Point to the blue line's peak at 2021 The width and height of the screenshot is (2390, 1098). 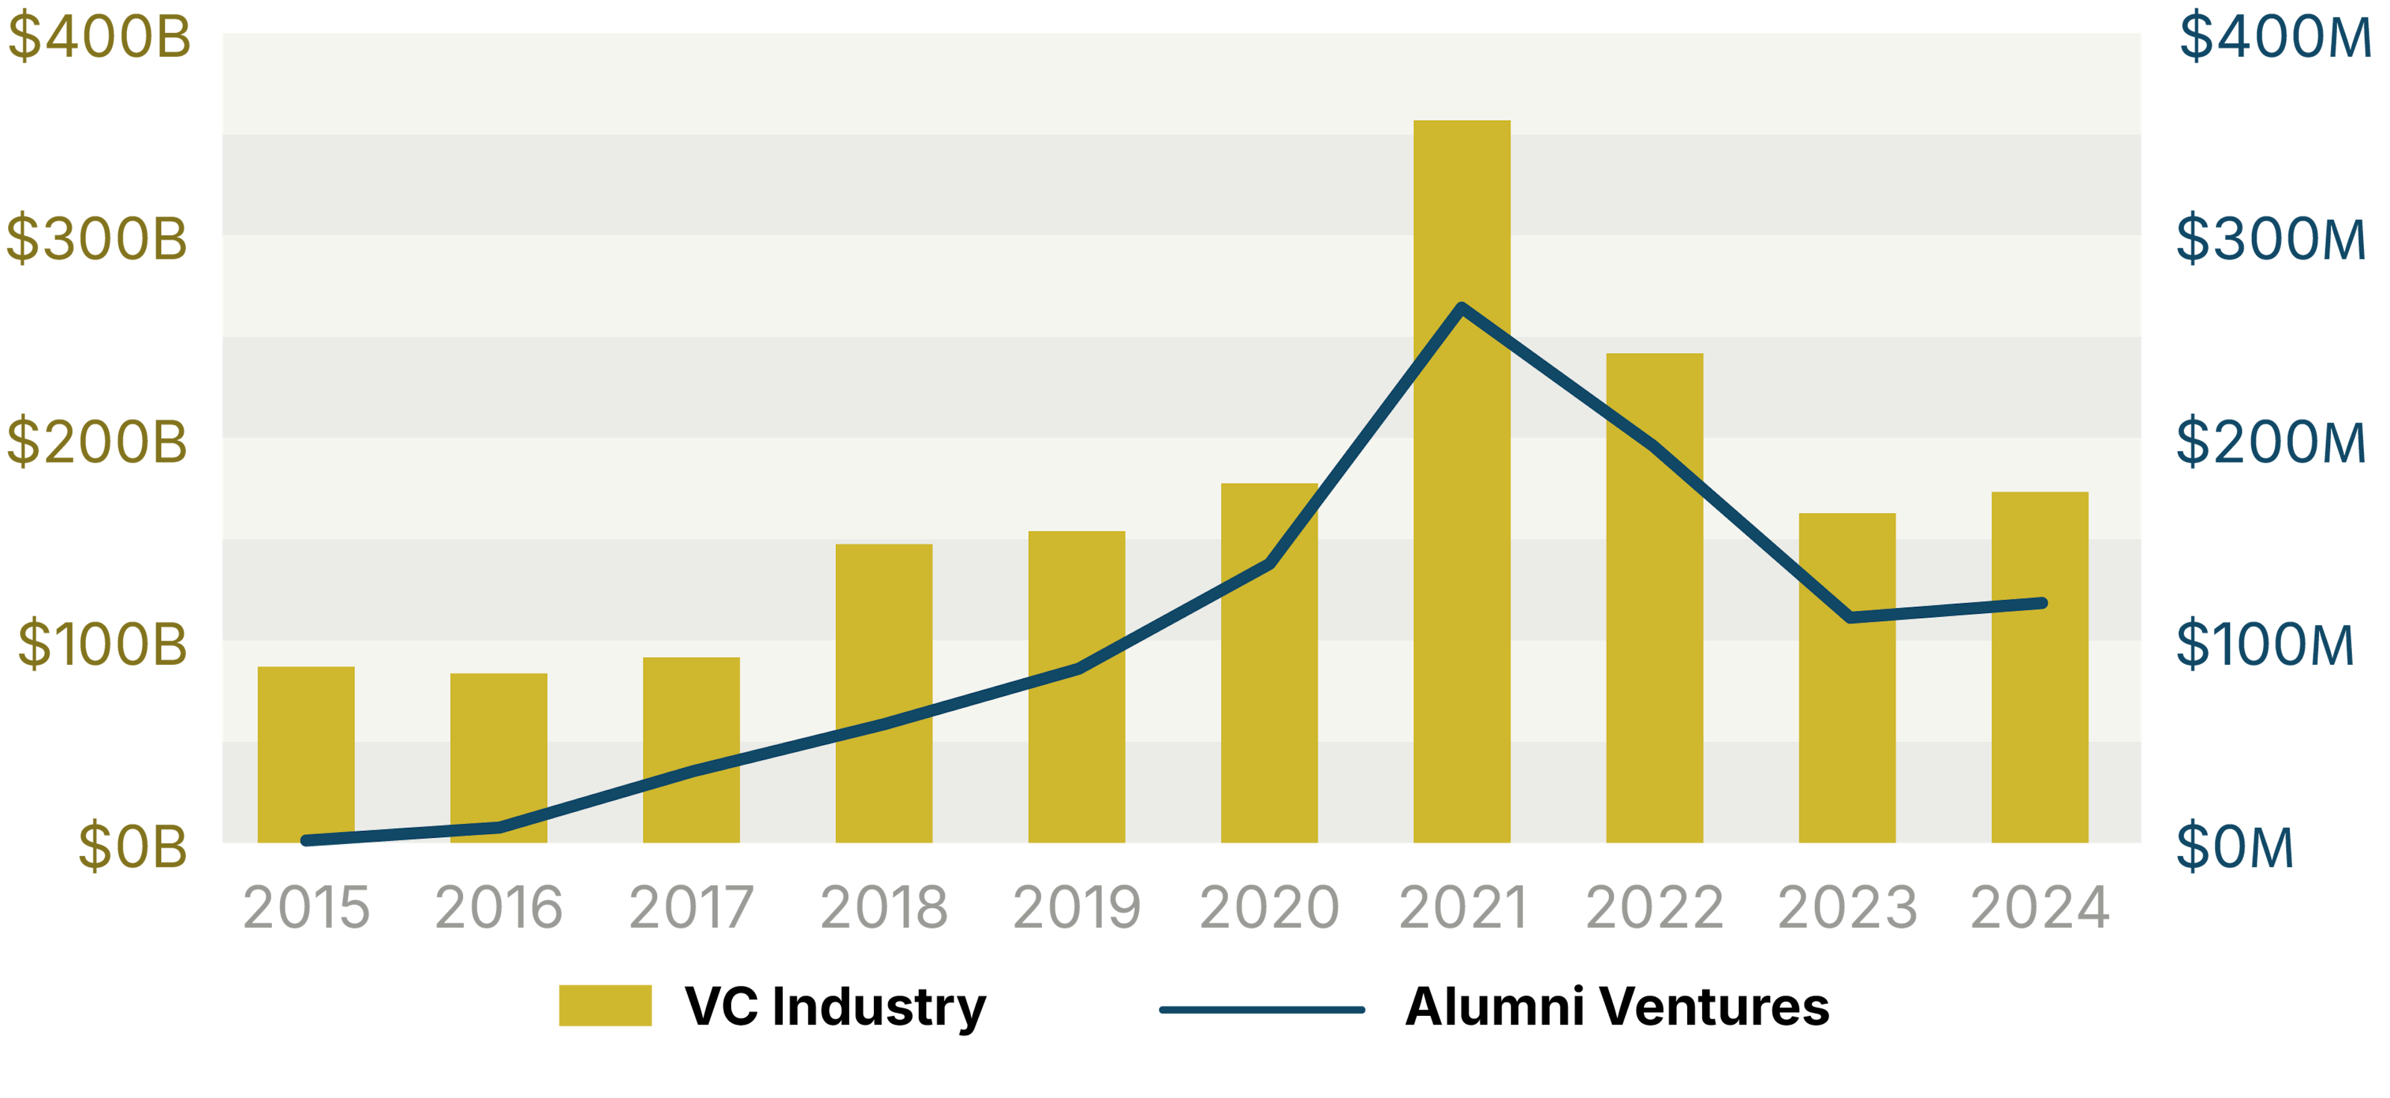coord(1461,307)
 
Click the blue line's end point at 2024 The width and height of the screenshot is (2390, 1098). coord(2041,603)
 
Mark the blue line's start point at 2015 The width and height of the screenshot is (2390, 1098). coord(306,840)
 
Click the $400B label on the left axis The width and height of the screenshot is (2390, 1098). coord(98,37)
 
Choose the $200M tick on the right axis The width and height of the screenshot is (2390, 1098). coord(2271,442)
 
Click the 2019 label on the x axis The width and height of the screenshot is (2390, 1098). coord(1076,907)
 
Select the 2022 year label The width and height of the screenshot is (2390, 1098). coord(1654,907)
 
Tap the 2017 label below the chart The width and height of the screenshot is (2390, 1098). coord(691,907)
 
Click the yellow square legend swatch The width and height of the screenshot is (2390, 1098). coord(605,1005)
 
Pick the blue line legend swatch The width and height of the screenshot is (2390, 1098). coord(1262,1009)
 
